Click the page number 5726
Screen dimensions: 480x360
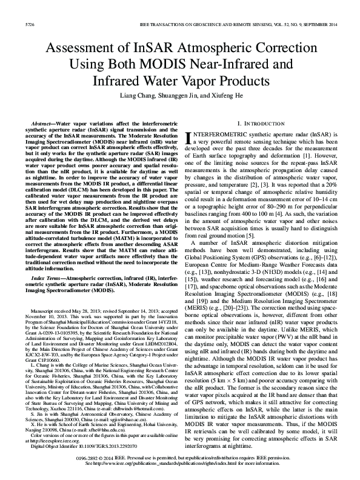pos(13,8)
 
